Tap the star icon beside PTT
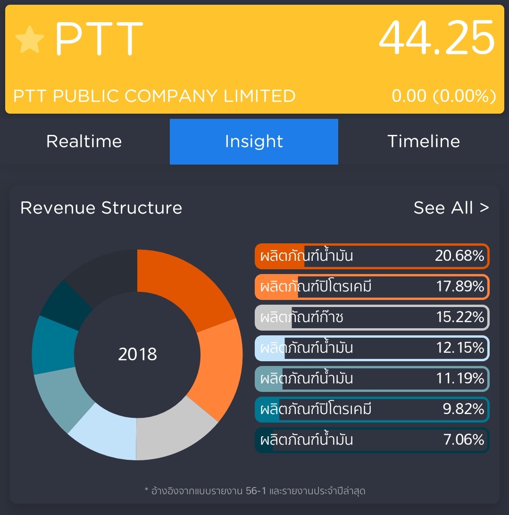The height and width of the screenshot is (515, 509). tap(29, 40)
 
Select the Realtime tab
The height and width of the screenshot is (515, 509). tap(84, 141)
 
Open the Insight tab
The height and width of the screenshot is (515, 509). tap(254, 141)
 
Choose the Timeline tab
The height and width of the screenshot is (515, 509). tap(423, 141)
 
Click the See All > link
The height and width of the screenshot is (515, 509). tap(451, 208)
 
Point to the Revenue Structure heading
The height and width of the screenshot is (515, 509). tap(101, 208)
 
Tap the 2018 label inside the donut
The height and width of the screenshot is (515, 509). tap(137, 354)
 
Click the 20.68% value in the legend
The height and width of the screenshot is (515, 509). tap(459, 256)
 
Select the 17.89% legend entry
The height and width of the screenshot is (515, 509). tap(372, 287)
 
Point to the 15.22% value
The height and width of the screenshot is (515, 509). tap(460, 317)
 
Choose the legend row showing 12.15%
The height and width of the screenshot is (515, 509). tap(372, 348)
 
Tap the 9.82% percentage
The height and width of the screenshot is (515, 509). tap(463, 409)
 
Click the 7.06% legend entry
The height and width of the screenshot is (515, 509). tap(372, 440)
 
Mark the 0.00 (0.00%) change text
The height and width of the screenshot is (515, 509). tap(443, 96)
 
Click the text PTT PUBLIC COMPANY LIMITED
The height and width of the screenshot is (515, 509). tap(154, 96)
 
